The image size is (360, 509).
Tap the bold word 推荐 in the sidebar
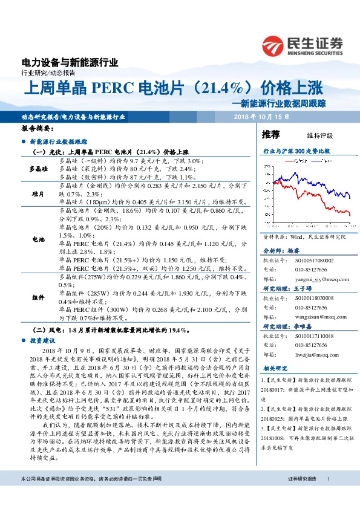pos(270,134)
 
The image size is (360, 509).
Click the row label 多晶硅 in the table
pos(39,169)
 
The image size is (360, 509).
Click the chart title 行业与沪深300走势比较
pos(296,150)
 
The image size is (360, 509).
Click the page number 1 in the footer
pos(328,496)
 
